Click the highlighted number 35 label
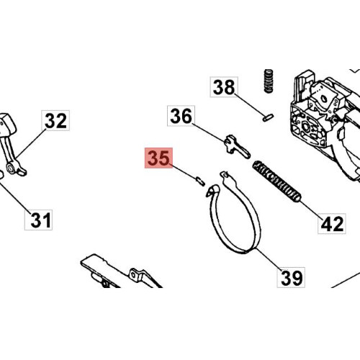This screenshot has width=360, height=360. pos(158,158)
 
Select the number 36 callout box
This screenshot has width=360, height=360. pos(181,116)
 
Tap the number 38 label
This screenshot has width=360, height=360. pos(224,87)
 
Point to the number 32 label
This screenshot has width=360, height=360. pos(55,120)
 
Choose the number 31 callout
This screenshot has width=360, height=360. pos(38,220)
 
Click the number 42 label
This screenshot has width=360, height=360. pos(332,223)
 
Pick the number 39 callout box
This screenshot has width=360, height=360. pos(291,277)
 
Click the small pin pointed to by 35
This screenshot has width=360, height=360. pos(200,181)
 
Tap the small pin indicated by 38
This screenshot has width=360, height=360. pos(268,117)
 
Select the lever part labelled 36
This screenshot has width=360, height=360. pos(237,147)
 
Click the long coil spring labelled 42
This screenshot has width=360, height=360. pos(276,181)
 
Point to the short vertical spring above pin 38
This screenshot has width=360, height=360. pos(269,81)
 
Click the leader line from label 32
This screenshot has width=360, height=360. pos(31,144)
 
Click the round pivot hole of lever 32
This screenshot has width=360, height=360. pos(11,168)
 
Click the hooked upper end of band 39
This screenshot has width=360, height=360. pos(212,190)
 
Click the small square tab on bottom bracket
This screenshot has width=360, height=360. pos(135,275)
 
